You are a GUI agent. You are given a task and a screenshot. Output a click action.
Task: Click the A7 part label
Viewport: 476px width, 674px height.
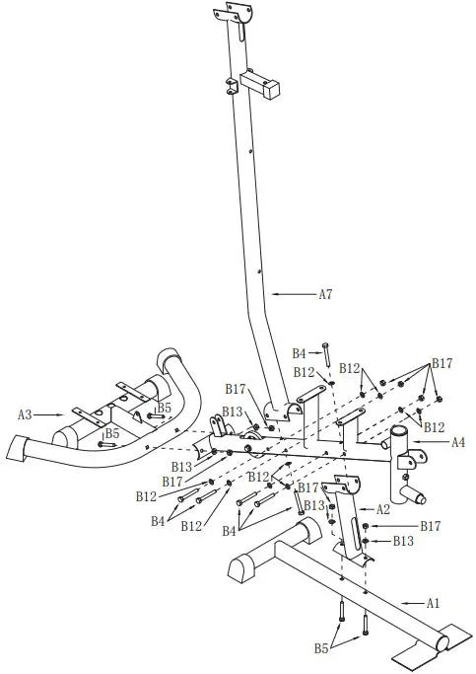tap(326, 294)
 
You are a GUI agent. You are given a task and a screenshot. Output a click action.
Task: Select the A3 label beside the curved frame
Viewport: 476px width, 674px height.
tap(28, 415)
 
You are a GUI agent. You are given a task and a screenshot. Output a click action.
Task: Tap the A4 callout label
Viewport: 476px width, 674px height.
tap(457, 443)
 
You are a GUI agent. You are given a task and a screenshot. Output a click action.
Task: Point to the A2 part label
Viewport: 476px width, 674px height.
tap(383, 509)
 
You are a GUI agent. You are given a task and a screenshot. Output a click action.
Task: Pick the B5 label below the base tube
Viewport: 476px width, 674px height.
tap(321, 649)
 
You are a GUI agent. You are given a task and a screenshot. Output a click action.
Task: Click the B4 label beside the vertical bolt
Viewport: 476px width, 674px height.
tap(300, 353)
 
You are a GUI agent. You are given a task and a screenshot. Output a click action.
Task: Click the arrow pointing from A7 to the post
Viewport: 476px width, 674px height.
tap(294, 294)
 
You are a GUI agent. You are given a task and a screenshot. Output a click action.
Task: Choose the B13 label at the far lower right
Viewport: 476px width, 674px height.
tap(404, 542)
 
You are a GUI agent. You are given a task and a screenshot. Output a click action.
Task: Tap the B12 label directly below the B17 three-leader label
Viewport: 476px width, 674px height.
tap(435, 426)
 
